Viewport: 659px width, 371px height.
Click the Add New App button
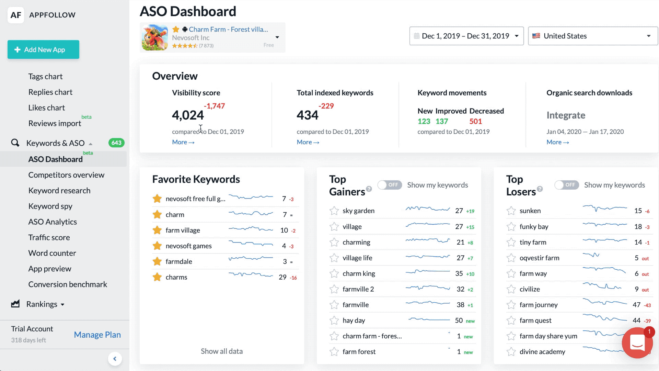[43, 49]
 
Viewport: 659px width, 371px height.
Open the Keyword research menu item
[59, 191]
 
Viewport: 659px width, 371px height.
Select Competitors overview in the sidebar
[66, 175]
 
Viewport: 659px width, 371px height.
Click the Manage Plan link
[97, 335]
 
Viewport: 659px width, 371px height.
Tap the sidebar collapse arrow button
[115, 359]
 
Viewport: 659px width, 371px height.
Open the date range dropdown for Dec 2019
[466, 36]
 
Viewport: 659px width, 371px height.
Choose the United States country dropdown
[592, 36]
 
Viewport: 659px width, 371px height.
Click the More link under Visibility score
[183, 142]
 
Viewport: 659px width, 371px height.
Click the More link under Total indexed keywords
[308, 142]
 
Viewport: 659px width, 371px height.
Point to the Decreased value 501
[475, 121]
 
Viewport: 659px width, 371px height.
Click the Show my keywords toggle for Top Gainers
[390, 185]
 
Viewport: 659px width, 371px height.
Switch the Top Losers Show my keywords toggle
[567, 185]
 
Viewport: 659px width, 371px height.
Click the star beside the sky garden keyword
[334, 211]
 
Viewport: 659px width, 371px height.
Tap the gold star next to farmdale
[157, 261]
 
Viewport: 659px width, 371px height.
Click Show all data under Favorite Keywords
[221, 351]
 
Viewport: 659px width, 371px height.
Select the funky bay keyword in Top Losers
[534, 227]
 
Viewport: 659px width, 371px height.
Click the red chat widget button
[637, 342]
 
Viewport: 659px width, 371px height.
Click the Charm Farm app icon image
[155, 37]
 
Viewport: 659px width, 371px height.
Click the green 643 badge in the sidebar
[116, 143]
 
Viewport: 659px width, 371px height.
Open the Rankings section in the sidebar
[42, 304]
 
